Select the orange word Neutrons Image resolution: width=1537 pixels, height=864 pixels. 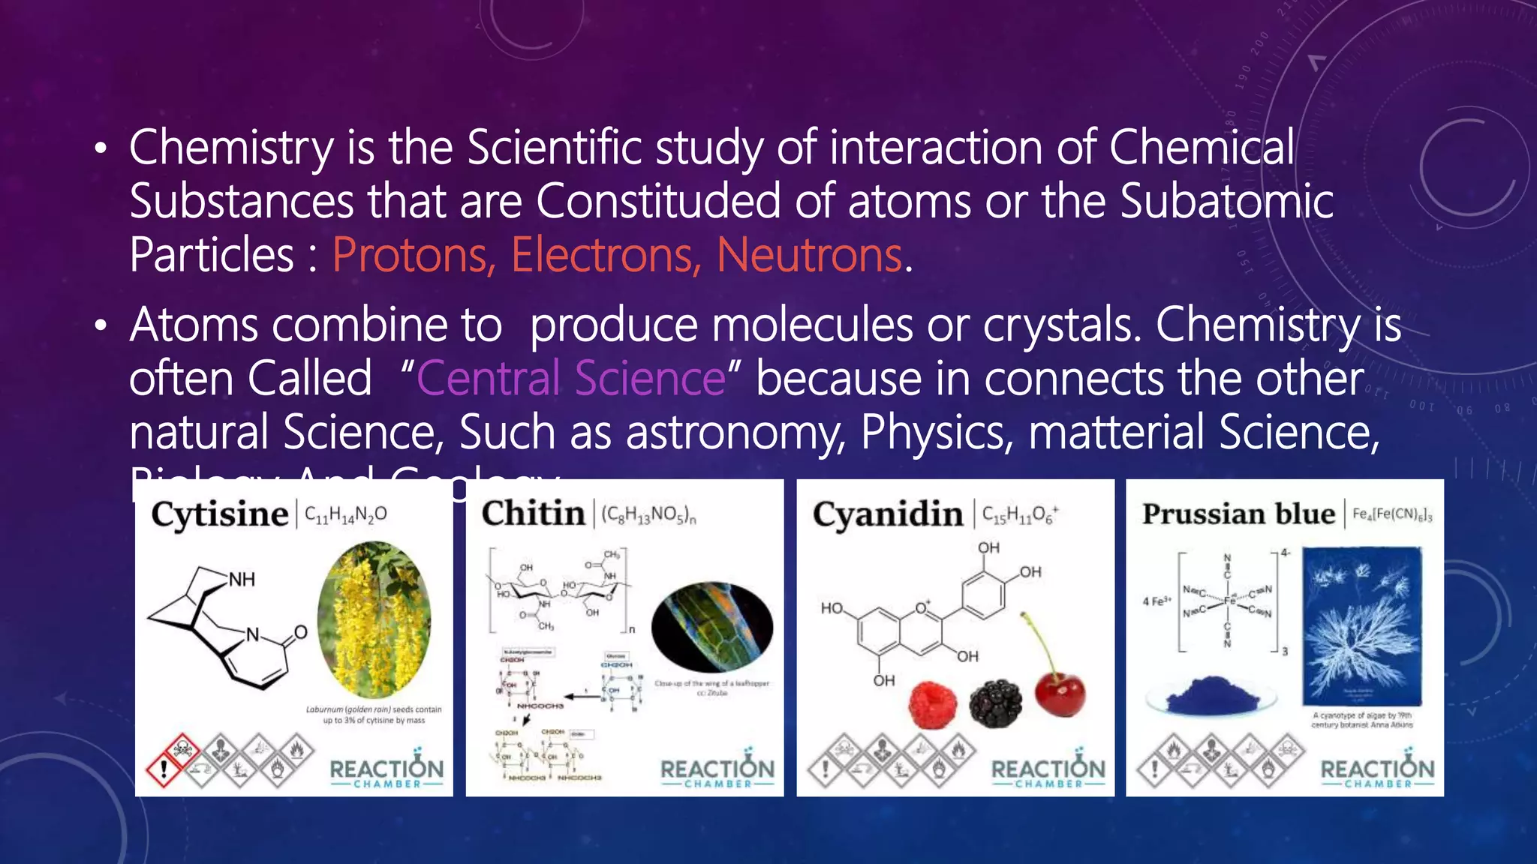coord(809,255)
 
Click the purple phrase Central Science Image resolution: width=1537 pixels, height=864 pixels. coord(571,378)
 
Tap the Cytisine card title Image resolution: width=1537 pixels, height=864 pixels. coord(219,514)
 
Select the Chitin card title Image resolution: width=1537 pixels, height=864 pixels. coord(533,514)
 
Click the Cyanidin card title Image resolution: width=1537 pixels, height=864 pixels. coord(887,514)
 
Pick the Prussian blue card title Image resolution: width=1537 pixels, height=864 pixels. coord(1238,514)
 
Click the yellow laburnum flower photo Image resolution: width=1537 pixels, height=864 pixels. coord(374,619)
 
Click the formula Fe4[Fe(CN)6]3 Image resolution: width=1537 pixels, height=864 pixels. coord(1392,514)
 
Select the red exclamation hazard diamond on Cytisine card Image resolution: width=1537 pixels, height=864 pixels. coord(164,768)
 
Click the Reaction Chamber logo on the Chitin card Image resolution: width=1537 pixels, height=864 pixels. coord(717,768)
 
